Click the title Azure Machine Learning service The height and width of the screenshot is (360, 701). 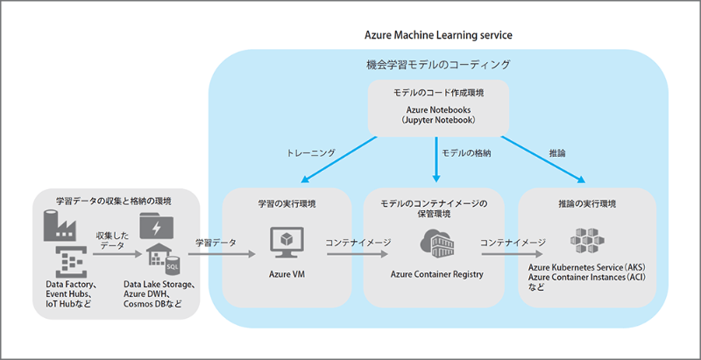click(x=438, y=34)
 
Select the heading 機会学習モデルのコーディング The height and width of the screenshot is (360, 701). click(x=437, y=65)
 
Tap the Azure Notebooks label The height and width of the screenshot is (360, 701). click(x=439, y=109)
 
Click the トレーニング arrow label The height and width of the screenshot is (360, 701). click(x=311, y=152)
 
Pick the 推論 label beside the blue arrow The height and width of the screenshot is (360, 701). click(x=556, y=152)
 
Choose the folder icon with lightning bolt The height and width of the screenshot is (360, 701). click(x=156, y=227)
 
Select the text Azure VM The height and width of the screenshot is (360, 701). click(x=286, y=274)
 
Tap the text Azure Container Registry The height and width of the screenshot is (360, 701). click(x=437, y=274)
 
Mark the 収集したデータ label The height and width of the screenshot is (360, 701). click(x=111, y=241)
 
